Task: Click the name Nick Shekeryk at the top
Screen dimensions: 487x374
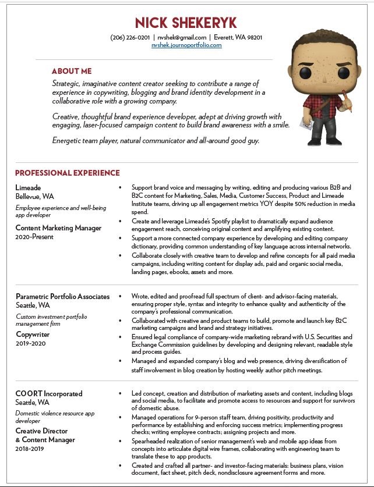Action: point(186,23)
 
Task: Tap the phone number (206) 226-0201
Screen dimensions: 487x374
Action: point(130,37)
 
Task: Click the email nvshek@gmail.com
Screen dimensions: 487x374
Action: point(182,37)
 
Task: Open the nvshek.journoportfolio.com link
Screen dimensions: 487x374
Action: point(186,45)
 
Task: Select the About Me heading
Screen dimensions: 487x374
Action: point(72,71)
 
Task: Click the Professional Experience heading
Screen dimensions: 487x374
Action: point(68,173)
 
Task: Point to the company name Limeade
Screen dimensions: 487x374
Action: point(29,187)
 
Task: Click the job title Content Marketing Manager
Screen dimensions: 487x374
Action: point(58,228)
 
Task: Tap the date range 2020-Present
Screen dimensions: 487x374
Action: point(34,237)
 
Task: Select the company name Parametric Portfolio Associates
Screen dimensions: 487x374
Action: point(62,296)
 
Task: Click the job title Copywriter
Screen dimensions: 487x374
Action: point(33,335)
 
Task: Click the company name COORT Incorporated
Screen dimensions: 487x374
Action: point(49,394)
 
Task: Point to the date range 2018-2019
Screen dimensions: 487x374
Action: point(30,449)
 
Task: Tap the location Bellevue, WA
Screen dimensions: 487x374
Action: point(35,196)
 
